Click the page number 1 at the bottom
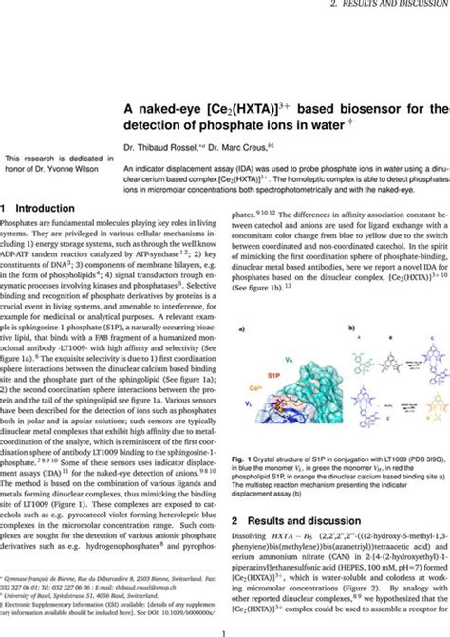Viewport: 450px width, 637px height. pos(225,629)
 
